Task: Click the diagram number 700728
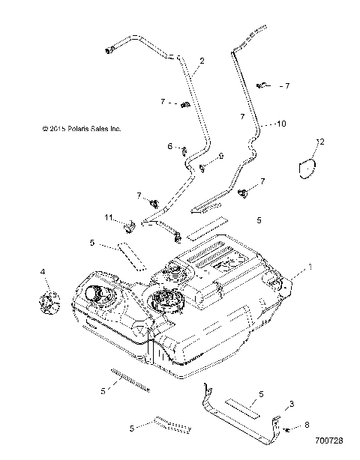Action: [328, 441]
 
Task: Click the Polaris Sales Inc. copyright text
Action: [82, 129]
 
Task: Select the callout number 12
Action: [320, 142]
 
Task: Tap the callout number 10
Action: [281, 124]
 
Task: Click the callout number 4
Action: [43, 272]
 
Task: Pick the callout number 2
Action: [202, 61]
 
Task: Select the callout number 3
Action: [292, 404]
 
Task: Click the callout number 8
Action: [307, 425]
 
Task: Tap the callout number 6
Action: [170, 146]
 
